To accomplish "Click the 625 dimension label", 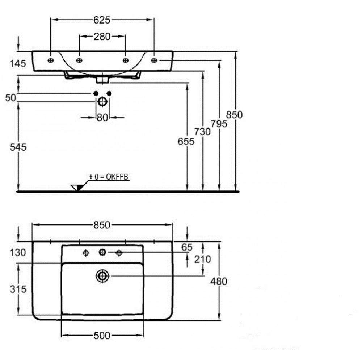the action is (102, 20).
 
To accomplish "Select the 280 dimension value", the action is (102, 37).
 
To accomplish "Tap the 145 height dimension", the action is (18, 63).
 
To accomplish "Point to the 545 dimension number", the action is (18, 147).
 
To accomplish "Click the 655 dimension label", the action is (186, 142).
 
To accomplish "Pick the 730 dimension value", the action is (202, 132).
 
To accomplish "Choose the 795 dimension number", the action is (219, 124).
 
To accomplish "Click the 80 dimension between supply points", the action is (102, 118).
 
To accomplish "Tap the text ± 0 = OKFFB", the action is (109, 177).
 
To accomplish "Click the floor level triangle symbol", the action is (77, 188).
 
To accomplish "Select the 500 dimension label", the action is (102, 336).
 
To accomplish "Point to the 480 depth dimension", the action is (219, 281).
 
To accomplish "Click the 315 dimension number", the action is (18, 289).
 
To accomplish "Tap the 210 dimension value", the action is (202, 259).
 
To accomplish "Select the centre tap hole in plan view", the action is (102, 252).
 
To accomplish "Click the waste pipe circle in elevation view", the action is (102, 102).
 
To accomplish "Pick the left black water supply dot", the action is (96, 93).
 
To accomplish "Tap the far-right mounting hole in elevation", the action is (154, 60).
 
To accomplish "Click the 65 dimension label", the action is (187, 247).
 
